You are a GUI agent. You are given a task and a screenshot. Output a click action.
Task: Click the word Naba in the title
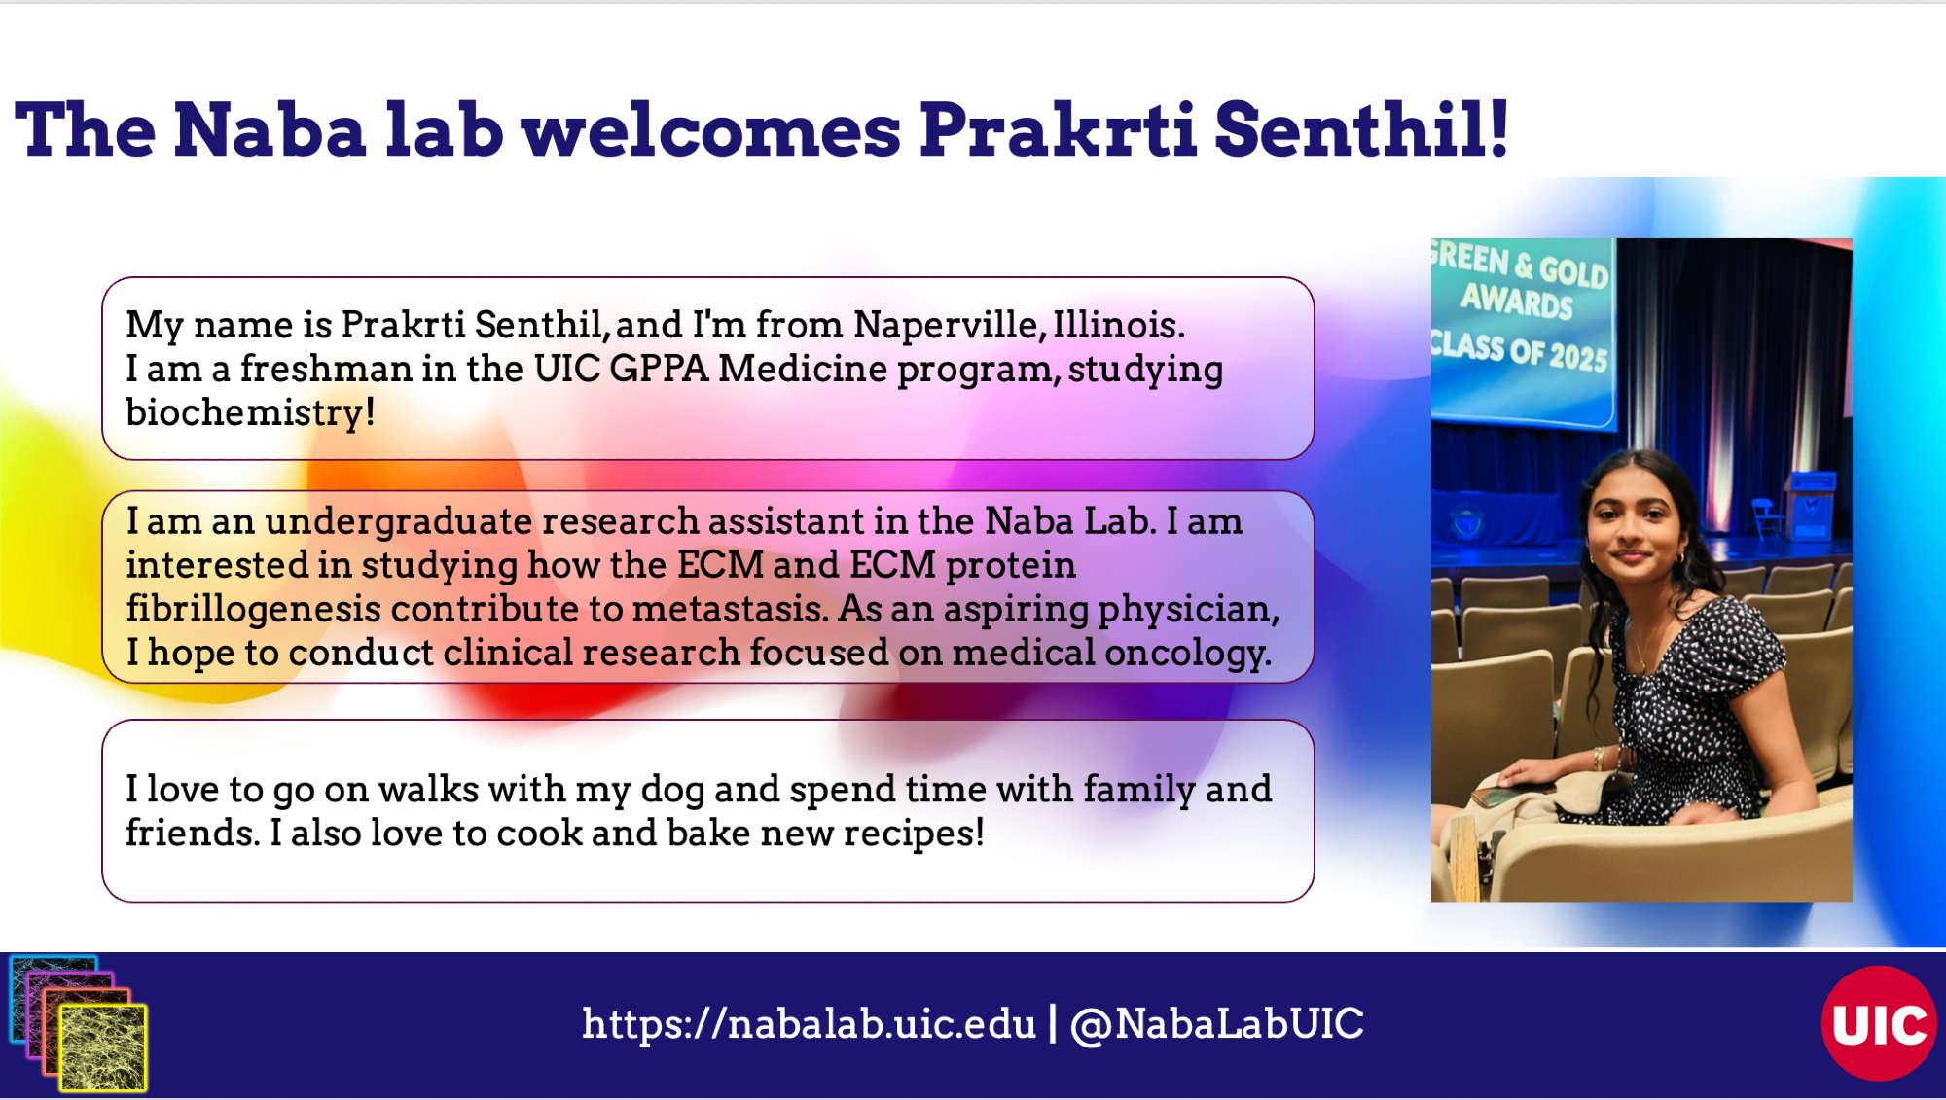(x=270, y=129)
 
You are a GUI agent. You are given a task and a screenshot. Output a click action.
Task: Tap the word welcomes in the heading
(x=711, y=129)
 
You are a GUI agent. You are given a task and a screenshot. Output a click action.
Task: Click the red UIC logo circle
(x=1879, y=1023)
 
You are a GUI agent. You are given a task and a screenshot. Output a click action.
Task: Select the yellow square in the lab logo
(x=103, y=1047)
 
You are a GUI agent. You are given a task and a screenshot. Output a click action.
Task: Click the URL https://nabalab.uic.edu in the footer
(x=809, y=1024)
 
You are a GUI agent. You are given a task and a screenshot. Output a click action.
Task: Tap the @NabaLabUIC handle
(x=1216, y=1024)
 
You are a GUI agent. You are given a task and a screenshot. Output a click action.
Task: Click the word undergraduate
(x=398, y=522)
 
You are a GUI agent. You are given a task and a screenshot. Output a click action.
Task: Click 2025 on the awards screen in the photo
(x=1578, y=356)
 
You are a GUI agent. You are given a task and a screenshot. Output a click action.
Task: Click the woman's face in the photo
(x=1633, y=531)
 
